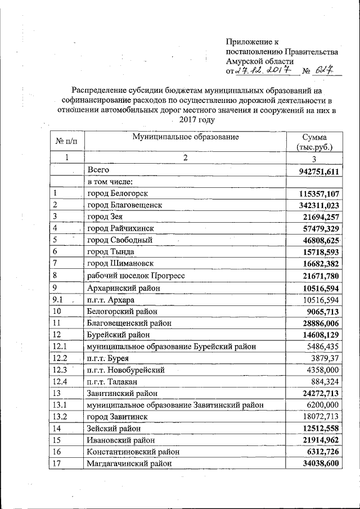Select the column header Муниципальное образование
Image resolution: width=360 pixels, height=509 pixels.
point(185,137)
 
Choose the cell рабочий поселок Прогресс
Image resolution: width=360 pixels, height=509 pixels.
point(136,276)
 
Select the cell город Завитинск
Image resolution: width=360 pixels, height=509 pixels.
point(116,416)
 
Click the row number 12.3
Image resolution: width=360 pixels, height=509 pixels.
point(60,369)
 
